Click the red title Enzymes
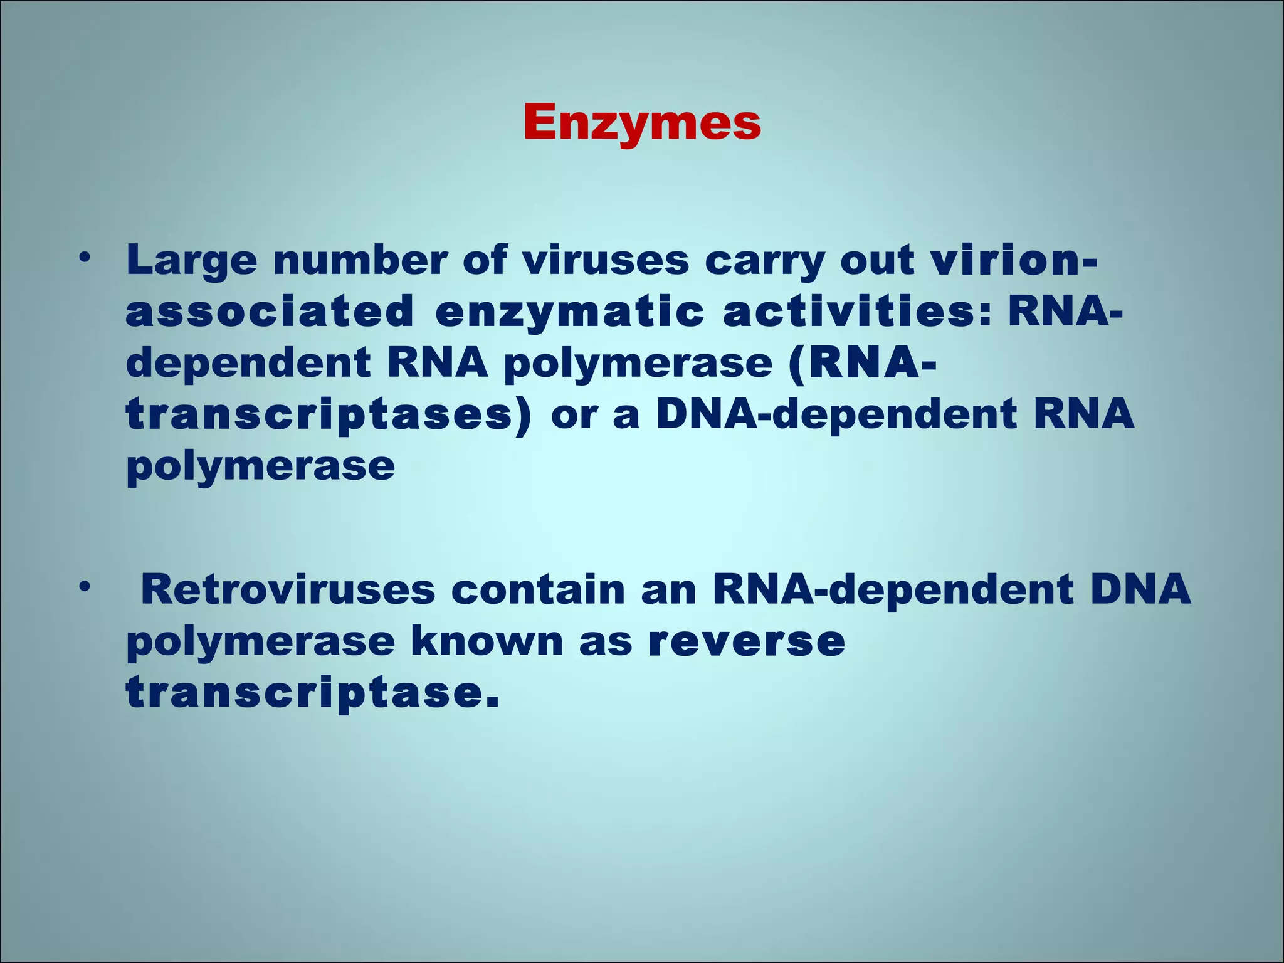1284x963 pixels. coord(642,123)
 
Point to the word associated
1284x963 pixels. coord(270,311)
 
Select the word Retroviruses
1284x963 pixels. coord(288,589)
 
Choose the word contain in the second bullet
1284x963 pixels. coord(538,589)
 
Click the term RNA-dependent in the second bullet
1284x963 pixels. coord(893,589)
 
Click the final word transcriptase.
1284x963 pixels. coord(312,693)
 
